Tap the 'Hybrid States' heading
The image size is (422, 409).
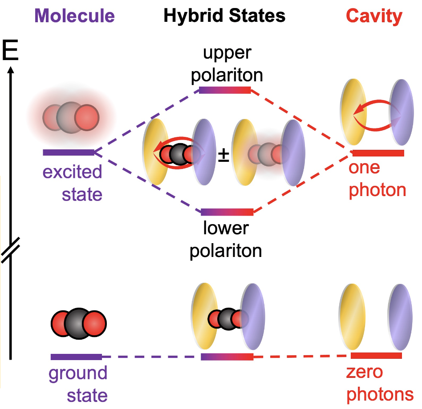224,16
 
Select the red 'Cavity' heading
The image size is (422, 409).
374,16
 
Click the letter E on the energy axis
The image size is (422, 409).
10,52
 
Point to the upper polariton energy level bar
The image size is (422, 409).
225,90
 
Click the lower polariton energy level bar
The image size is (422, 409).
227,212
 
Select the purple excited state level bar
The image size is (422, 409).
68,152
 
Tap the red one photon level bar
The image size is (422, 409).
378,153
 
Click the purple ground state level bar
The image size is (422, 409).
76,357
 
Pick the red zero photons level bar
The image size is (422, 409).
376,356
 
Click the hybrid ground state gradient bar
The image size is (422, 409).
227,357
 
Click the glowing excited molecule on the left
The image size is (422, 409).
71,117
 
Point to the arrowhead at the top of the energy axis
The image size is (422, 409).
11,69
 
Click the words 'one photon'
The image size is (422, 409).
377,179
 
